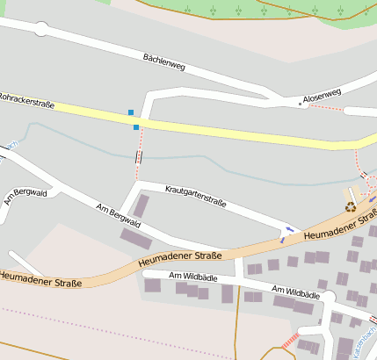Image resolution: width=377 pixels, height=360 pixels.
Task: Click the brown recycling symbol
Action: tap(351, 207)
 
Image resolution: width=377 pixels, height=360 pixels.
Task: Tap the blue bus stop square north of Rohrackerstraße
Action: tap(131, 112)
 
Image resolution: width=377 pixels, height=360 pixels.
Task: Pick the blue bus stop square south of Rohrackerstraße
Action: tap(136, 127)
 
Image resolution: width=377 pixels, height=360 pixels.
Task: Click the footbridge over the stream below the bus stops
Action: tap(138, 157)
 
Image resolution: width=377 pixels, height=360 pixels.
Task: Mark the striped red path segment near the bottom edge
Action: tap(291, 340)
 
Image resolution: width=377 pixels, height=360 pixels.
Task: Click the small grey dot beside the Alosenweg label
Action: tap(301, 104)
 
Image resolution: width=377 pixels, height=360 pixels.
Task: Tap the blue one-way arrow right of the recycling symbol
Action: tap(372, 201)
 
